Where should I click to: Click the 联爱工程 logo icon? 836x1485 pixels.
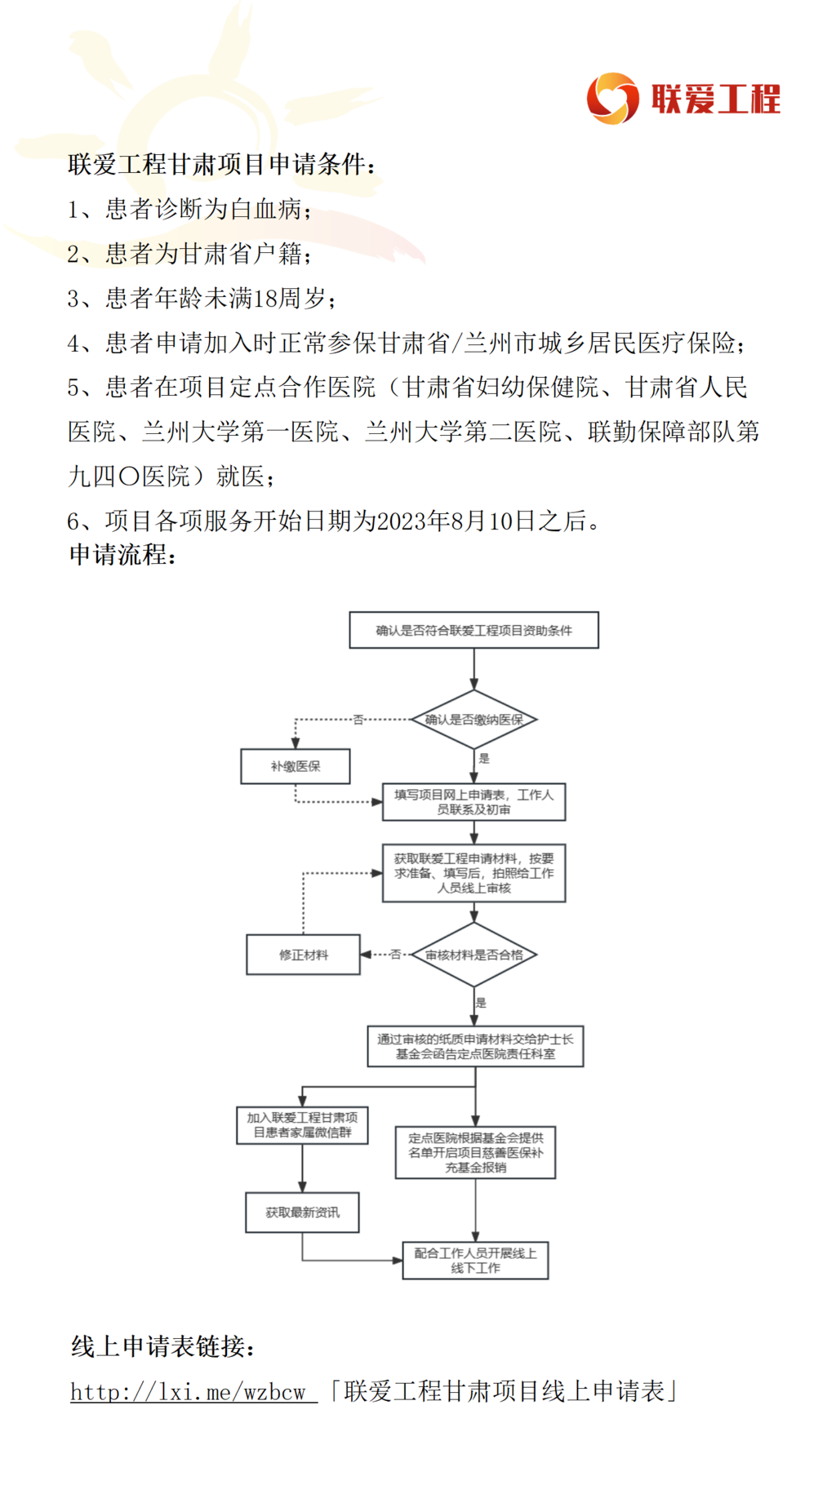[612, 98]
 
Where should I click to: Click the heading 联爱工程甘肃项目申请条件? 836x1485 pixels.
[216, 164]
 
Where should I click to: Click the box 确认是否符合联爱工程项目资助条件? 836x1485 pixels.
[474, 630]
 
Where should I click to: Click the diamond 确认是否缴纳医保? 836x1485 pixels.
[474, 720]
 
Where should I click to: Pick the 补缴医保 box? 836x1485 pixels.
[296, 766]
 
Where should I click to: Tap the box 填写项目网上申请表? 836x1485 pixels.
[474, 802]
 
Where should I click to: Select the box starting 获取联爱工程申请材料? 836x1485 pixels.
[474, 873]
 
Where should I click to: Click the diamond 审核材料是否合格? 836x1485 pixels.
[474, 955]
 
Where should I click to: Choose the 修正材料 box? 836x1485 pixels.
[304, 955]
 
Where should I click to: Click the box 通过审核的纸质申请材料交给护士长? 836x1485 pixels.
[475, 1046]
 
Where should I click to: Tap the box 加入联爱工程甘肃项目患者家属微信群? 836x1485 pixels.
[302, 1125]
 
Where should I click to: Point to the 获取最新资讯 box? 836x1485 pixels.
[302, 1212]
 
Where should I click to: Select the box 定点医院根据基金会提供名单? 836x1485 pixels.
[475, 1152]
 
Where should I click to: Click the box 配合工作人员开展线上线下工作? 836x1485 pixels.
[475, 1261]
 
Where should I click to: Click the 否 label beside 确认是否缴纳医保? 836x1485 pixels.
[358, 720]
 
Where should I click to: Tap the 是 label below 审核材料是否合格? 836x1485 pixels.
[481, 1003]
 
